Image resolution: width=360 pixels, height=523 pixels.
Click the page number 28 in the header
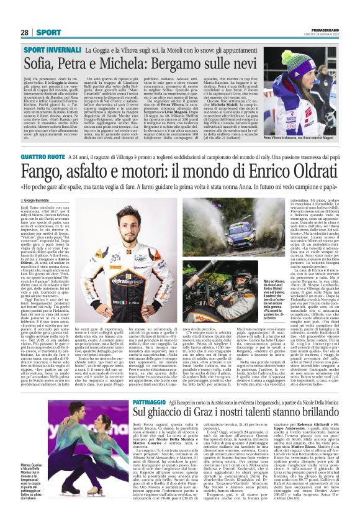[x=25, y=32]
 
